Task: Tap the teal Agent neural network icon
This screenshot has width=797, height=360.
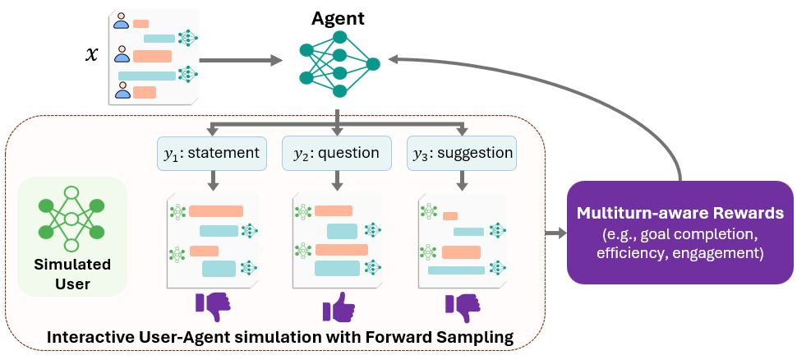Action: click(339, 63)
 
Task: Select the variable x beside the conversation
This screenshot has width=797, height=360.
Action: click(92, 55)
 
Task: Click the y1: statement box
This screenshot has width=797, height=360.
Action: click(212, 153)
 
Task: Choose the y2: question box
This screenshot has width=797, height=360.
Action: click(337, 153)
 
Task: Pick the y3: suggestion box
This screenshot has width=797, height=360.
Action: click(462, 153)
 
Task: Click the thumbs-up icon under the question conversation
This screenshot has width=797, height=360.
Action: click(339, 308)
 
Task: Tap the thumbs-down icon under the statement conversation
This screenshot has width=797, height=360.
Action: click(213, 308)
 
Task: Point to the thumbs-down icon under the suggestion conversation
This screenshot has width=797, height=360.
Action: click(462, 308)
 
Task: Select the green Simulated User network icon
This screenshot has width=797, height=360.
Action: click(71, 219)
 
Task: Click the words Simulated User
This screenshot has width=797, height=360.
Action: click(71, 275)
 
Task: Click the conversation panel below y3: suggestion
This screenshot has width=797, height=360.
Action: click(462, 241)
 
